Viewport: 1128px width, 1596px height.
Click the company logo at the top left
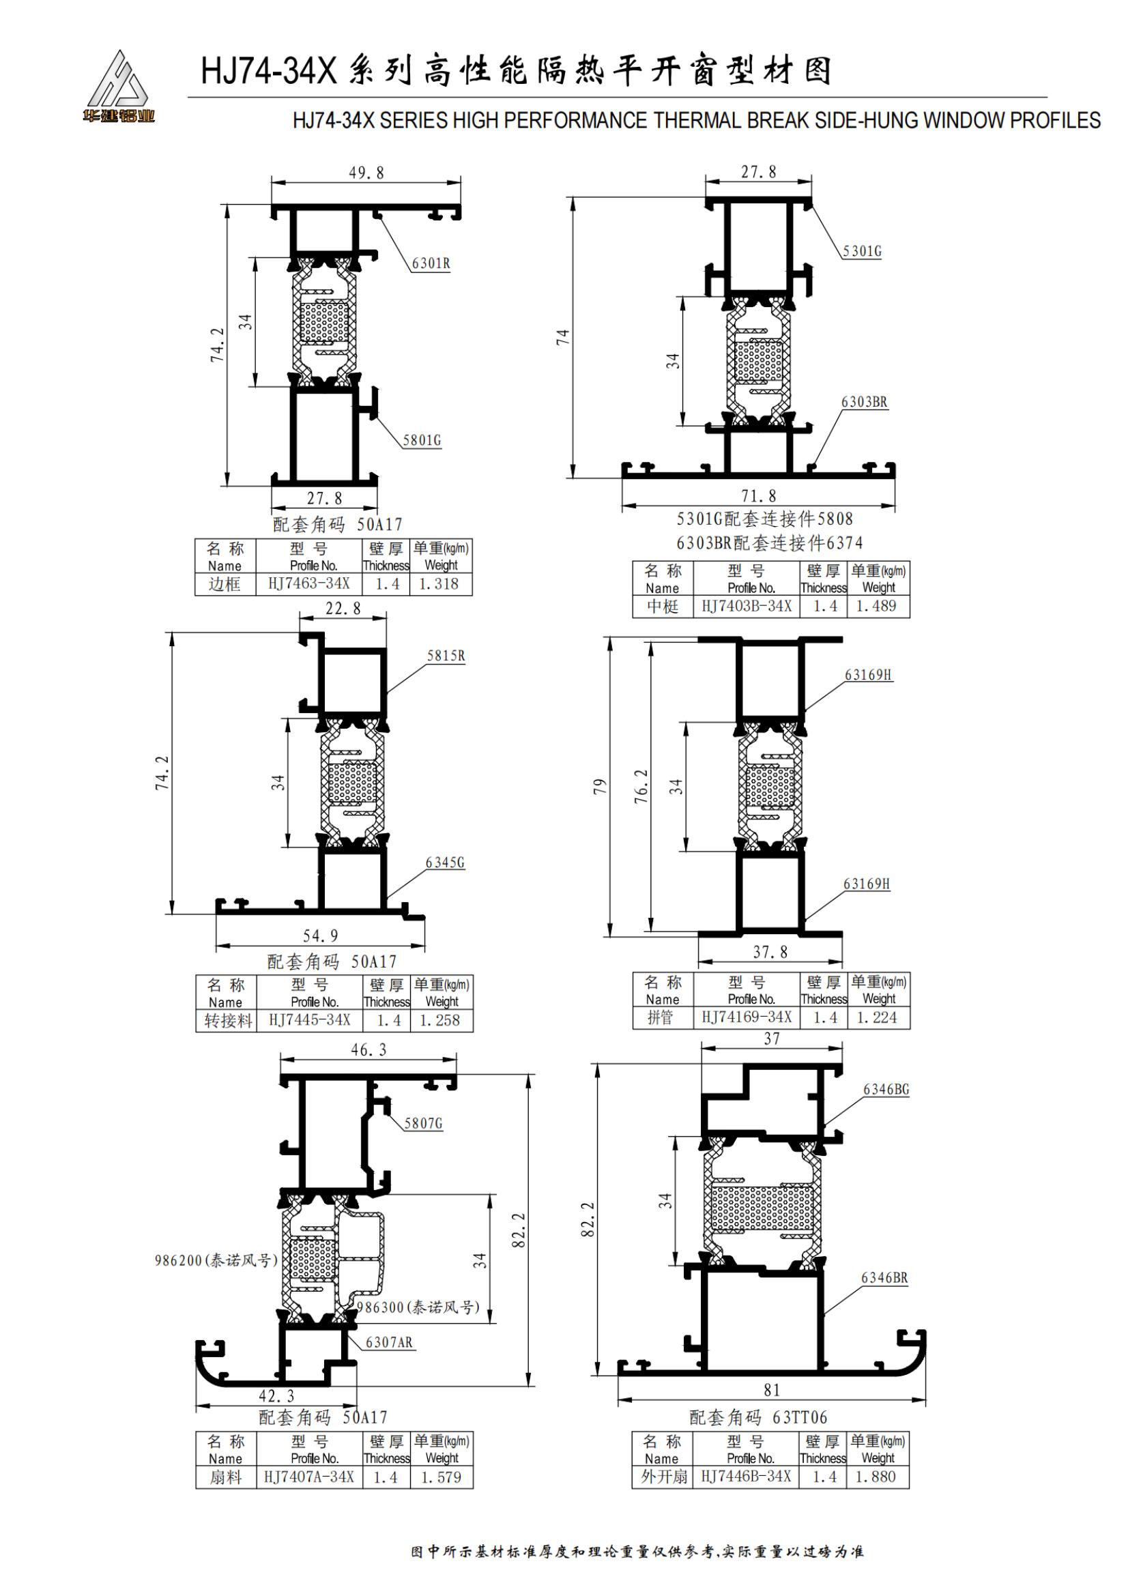click(x=118, y=87)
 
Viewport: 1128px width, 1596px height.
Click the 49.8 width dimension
click(x=366, y=173)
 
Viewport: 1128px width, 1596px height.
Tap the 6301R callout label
click(x=431, y=263)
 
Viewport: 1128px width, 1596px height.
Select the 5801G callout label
click(x=422, y=440)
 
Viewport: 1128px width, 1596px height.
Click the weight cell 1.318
click(x=439, y=584)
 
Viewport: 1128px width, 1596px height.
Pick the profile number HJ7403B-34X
click(x=747, y=606)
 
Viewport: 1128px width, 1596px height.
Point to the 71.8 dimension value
click(x=758, y=495)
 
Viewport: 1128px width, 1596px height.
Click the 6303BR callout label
click(x=864, y=402)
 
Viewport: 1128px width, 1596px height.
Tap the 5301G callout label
click(x=862, y=251)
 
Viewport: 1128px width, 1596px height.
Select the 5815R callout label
click(x=446, y=656)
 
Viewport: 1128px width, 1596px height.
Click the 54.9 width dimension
click(x=321, y=935)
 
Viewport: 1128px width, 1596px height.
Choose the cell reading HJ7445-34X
click(x=309, y=1019)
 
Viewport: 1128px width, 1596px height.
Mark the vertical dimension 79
click(x=600, y=787)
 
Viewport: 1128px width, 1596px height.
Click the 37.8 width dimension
click(x=770, y=952)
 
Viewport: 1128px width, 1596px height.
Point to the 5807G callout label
click(x=423, y=1123)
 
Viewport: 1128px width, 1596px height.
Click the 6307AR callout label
click(x=389, y=1342)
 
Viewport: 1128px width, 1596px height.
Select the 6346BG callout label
click(x=886, y=1089)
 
